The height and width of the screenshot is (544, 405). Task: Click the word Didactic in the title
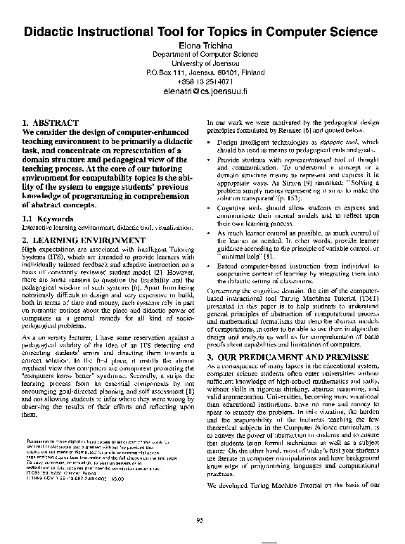point(53,32)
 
